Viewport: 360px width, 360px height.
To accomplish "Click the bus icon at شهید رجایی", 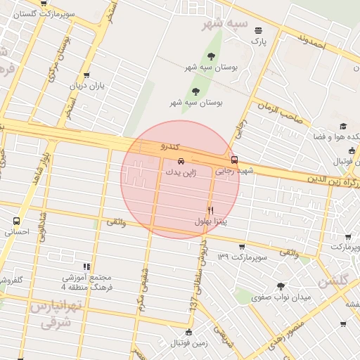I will pos(235,160).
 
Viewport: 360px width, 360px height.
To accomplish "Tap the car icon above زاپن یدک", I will pos(181,160).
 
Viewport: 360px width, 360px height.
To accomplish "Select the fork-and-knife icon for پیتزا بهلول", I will pos(210,210).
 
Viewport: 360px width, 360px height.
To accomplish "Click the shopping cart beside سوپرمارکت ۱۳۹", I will pos(242,247).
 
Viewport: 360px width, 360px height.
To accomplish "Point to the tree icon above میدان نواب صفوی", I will pos(281,286).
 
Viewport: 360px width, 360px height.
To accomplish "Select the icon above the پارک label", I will pos(259,30).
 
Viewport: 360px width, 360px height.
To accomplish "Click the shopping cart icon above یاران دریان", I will pos(86,75).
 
